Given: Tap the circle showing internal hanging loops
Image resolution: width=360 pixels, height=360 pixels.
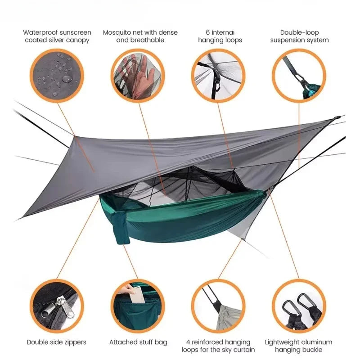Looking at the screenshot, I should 218,75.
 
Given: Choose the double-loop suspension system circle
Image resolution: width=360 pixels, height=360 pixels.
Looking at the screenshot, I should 299,75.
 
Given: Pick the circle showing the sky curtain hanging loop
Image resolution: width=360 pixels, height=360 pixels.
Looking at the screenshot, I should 218,306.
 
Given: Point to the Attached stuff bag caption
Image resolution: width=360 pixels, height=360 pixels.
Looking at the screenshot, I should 138,342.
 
